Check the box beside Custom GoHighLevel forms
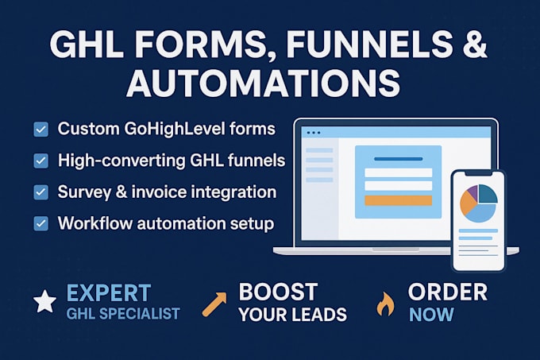coord(40,129)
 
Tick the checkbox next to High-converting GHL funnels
coord(40,161)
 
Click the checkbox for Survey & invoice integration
coord(40,192)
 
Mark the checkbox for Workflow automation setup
coord(40,223)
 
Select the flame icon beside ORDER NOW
coord(386,304)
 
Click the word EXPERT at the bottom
coord(109,292)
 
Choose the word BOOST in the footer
coord(278,292)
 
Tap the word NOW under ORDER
coord(431,315)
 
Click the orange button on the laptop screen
coord(398,200)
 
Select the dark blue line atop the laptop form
coord(398,159)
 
